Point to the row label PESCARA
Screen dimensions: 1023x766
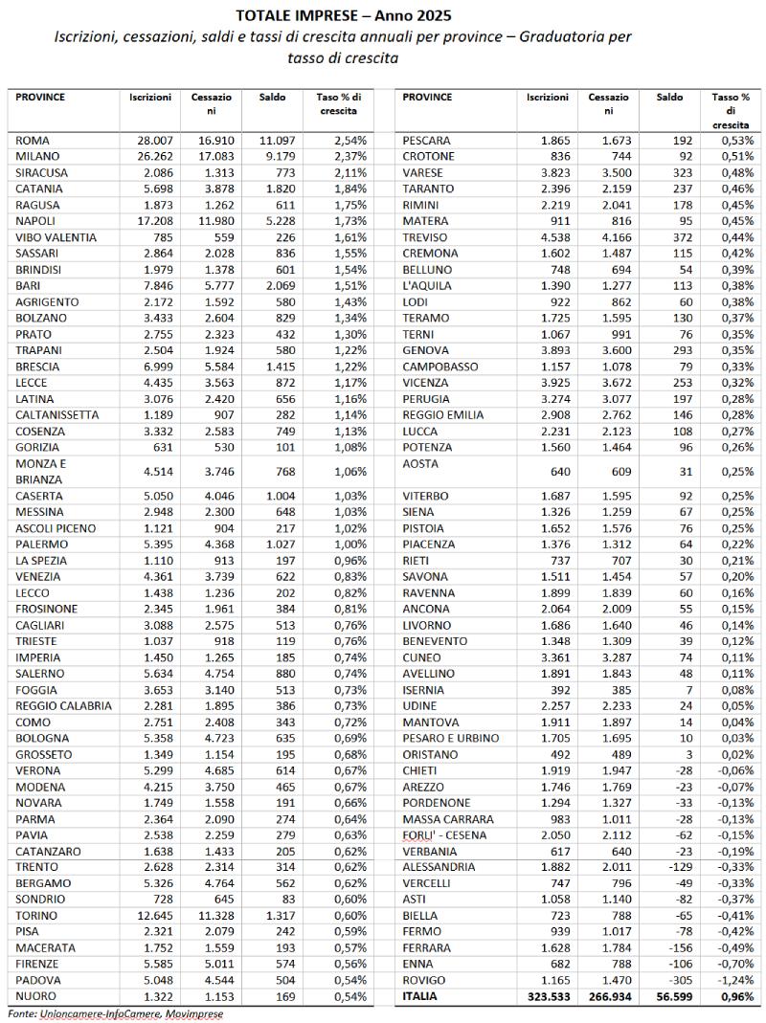click(427, 140)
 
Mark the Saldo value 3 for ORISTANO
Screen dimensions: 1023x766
click(679, 754)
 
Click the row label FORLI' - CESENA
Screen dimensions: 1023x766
click(444, 835)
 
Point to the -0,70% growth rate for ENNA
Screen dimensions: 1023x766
click(735, 964)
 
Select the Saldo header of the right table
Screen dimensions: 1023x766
click(670, 98)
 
